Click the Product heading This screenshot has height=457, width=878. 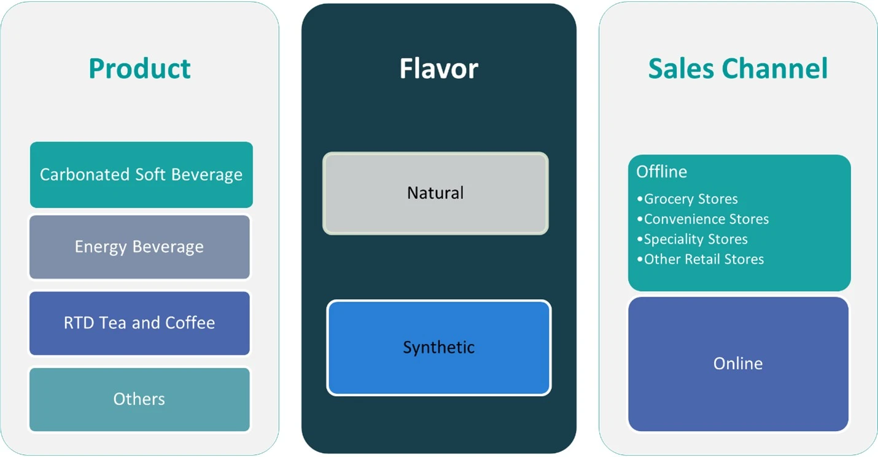139,69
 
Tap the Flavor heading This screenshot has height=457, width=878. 438,69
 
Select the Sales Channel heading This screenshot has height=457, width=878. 737,69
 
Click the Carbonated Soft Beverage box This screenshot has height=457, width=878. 141,174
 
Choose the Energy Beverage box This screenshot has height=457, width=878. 139,247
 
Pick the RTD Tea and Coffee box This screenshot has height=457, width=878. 139,323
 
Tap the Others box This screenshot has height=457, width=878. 139,399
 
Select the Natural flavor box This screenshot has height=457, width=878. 435,193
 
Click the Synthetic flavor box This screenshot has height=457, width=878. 439,348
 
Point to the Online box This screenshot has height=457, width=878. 739,364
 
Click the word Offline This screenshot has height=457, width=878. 662,172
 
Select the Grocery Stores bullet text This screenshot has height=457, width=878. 691,199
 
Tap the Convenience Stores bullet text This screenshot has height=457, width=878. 706,219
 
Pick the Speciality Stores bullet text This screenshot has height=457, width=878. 696,240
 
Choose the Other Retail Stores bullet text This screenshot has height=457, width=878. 704,259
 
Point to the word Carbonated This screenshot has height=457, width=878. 85,174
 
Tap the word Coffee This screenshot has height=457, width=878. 190,323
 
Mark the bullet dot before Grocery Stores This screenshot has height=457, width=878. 640,199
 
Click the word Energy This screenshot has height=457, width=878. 101,248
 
